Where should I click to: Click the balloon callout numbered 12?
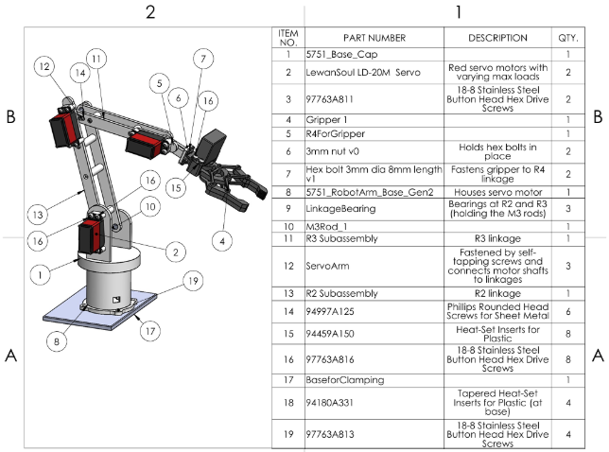tap(43, 66)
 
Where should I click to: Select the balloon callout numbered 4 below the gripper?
tap(223, 240)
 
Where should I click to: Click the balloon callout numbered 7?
tap(200, 59)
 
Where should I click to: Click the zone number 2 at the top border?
tap(149, 12)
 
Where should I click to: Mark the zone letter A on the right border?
tap(597, 356)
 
